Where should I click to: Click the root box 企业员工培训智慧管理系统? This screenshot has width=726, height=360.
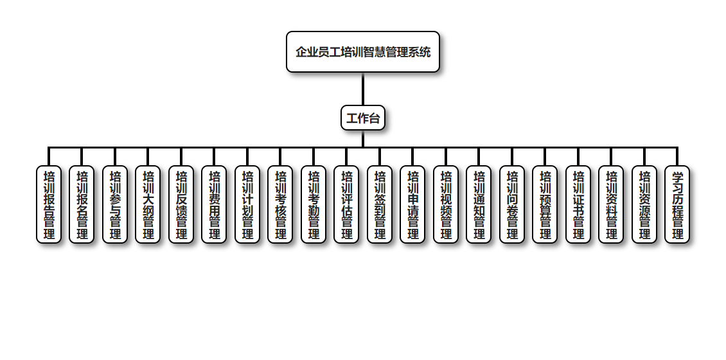[363, 52]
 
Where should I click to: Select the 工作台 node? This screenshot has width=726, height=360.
[363, 118]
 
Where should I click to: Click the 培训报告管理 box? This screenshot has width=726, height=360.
[49, 204]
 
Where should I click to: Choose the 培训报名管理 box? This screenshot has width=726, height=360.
[82, 204]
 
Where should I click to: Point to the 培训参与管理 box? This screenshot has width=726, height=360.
[115, 204]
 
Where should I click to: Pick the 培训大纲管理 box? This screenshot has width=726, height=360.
[148, 204]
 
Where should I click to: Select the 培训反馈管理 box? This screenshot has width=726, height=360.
[181, 204]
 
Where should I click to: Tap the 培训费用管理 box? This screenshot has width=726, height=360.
[214, 204]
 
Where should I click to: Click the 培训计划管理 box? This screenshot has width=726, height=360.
[247, 204]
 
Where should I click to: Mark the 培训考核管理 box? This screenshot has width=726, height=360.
[280, 204]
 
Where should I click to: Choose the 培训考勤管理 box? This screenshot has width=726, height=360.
[314, 204]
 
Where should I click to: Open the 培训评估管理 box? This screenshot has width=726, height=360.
[346, 204]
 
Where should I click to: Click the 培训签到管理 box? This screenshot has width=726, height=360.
[380, 204]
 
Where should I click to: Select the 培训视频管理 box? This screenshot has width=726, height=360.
[446, 204]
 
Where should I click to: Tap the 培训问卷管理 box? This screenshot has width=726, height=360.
[512, 204]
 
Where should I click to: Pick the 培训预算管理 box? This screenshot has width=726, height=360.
[545, 204]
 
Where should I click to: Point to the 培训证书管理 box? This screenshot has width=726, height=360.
[578, 204]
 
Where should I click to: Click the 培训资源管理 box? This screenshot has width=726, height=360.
[644, 204]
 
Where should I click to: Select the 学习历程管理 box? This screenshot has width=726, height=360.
[677, 204]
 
